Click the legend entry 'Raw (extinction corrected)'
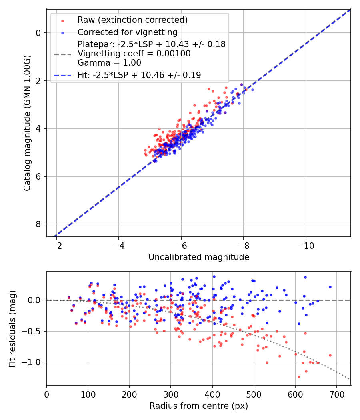click(x=132, y=20)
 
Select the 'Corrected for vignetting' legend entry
click(x=128, y=32)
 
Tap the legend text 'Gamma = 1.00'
click(x=109, y=63)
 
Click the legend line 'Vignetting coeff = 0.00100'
click(x=134, y=54)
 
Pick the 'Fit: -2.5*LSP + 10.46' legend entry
click(x=139, y=75)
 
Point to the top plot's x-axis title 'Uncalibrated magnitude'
click(x=199, y=257)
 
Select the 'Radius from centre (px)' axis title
click(x=199, y=406)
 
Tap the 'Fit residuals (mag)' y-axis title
click(x=12, y=328)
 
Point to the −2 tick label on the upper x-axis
click(x=57, y=245)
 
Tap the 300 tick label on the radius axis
click(x=171, y=394)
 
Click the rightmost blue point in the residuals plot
click(x=330, y=287)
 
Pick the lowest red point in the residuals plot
click(x=299, y=377)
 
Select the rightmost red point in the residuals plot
click(x=330, y=355)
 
